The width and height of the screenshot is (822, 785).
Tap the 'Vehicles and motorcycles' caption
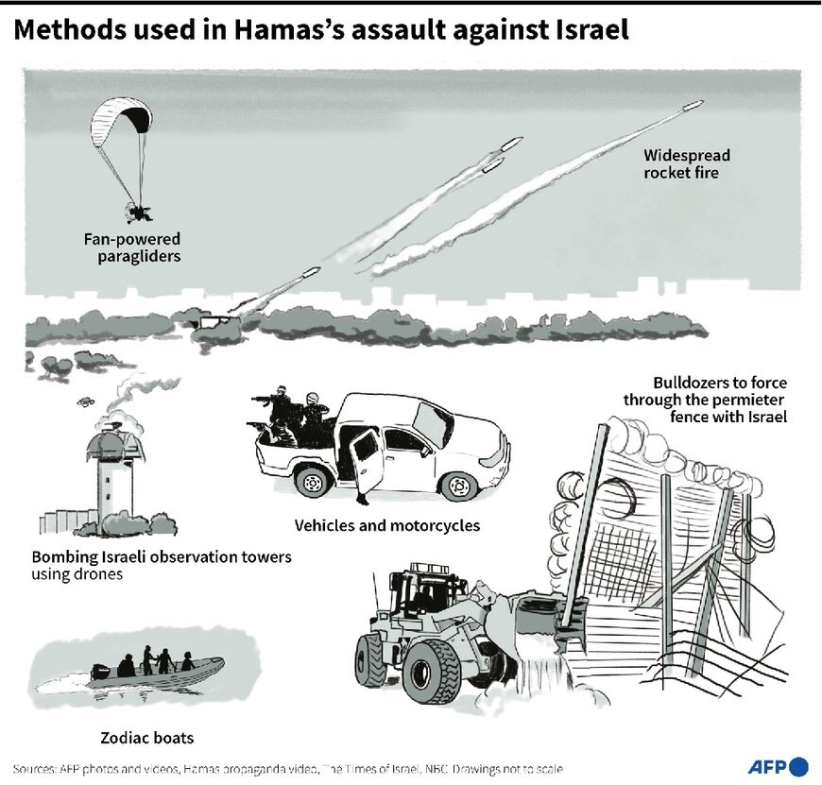point(387,525)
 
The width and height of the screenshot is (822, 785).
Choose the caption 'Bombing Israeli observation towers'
point(162,556)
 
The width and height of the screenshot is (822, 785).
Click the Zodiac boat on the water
point(156,672)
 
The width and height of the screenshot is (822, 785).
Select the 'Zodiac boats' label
point(147,737)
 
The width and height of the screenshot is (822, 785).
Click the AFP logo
point(778,766)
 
